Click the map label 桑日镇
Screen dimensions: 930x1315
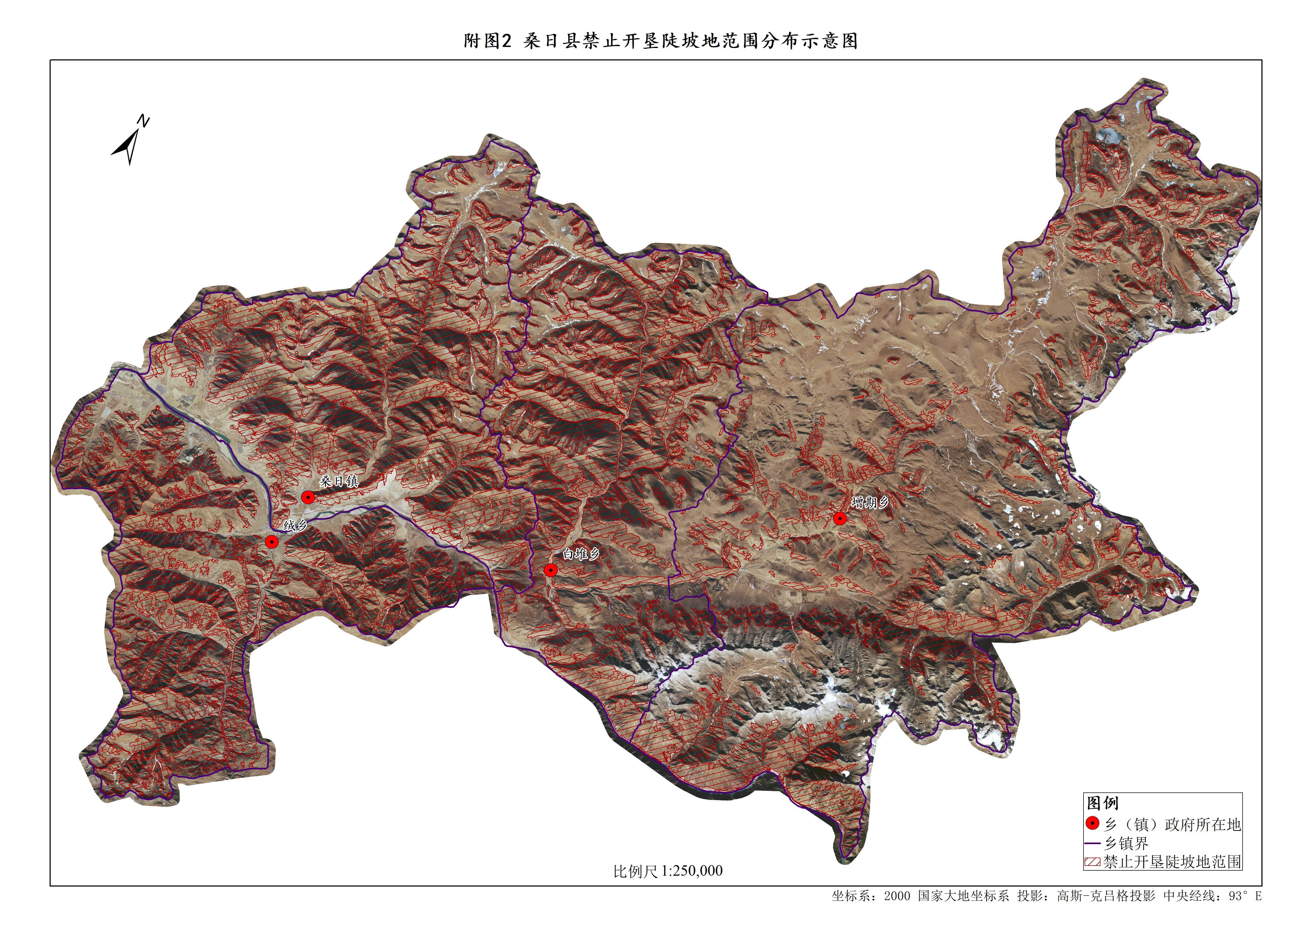(x=339, y=481)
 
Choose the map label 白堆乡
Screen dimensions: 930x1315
(x=581, y=554)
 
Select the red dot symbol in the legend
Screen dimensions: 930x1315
(x=1093, y=823)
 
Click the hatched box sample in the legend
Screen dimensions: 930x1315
(x=1093, y=862)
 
